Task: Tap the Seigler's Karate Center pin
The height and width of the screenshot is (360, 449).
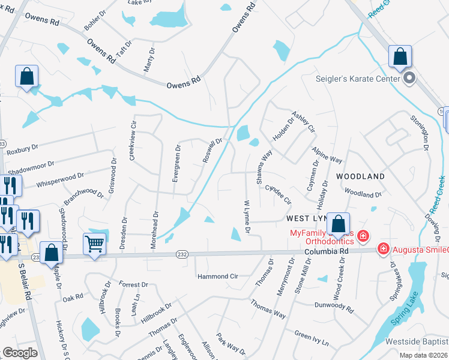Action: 410,78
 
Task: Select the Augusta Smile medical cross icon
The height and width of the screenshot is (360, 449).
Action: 382,248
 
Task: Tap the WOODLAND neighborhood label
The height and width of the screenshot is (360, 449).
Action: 360,176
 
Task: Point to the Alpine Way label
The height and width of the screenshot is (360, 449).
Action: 327,155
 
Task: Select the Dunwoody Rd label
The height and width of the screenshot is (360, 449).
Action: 334,305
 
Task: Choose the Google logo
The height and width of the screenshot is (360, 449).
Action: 20,353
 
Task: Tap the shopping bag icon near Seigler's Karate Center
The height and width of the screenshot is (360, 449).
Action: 399,57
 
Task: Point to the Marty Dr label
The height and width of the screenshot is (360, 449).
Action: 147,60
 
